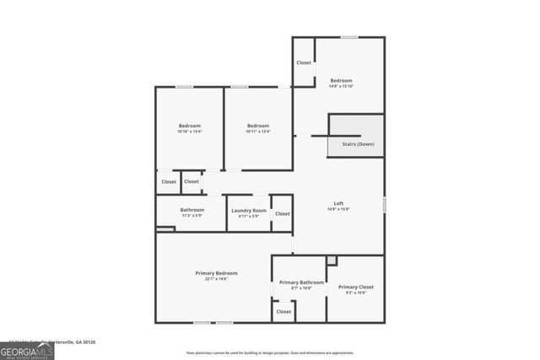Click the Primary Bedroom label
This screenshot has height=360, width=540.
[216, 273]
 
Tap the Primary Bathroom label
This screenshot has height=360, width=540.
[301, 282]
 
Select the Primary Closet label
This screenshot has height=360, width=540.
[355, 287]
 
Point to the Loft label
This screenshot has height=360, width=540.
[338, 203]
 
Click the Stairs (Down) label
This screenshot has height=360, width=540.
[358, 144]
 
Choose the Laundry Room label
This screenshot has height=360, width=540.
[248, 210]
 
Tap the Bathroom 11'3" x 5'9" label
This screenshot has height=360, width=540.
[192, 210]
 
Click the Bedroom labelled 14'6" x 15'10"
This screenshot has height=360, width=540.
[341, 80]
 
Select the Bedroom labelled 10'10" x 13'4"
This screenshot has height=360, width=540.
[189, 126]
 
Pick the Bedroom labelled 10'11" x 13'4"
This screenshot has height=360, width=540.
[257, 126]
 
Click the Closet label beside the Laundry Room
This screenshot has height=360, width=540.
[282, 213]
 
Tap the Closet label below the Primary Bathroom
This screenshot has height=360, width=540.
[283, 312]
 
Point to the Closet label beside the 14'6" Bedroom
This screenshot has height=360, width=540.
[304, 62]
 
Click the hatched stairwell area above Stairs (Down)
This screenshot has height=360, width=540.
[356, 126]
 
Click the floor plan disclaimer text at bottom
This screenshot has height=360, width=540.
[270, 352]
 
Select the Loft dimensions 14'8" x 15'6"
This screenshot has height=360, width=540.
[338, 209]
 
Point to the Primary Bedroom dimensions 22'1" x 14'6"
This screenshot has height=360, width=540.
[216, 279]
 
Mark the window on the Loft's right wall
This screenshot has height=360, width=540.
[384, 204]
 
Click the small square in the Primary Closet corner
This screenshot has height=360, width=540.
[332, 260]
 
